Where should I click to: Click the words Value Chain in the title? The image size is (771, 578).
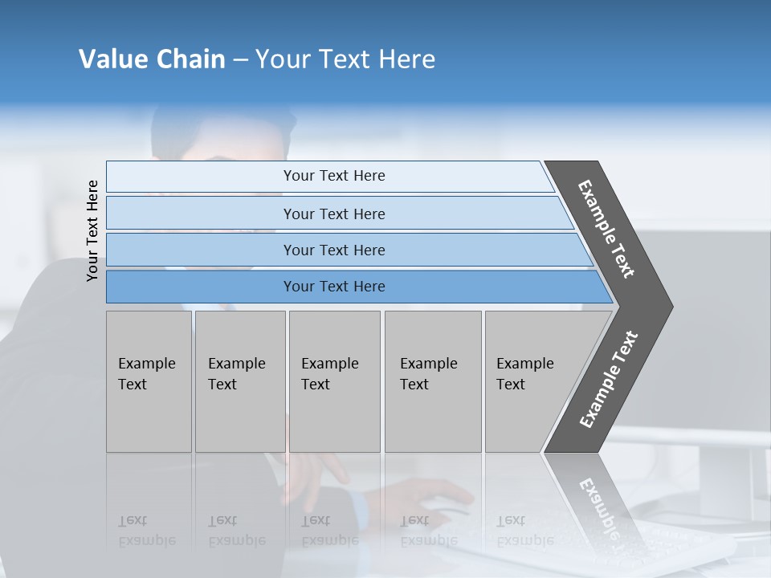[152, 59]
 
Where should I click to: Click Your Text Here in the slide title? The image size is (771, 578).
[345, 59]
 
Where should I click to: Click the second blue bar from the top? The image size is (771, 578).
[333, 214]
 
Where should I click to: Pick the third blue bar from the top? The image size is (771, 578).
[333, 250]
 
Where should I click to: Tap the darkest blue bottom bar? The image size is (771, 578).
[333, 287]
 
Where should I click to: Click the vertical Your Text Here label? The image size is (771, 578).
[92, 230]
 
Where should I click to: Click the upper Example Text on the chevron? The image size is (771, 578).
[606, 229]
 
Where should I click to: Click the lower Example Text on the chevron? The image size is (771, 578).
[609, 380]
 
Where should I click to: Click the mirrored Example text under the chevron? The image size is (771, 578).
[598, 506]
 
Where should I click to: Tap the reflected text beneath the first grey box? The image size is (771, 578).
[146, 531]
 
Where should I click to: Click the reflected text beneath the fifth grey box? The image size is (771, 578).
[524, 531]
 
